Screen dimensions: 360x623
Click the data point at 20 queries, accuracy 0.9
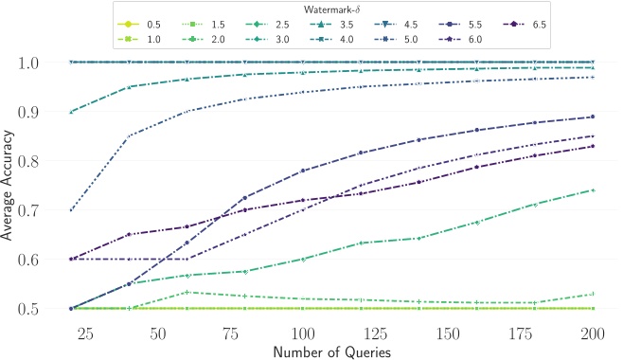click(x=71, y=112)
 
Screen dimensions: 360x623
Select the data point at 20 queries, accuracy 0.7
click(x=71, y=210)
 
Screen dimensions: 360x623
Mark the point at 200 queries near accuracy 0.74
click(x=592, y=190)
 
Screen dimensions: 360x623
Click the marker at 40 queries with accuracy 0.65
click(x=129, y=234)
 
